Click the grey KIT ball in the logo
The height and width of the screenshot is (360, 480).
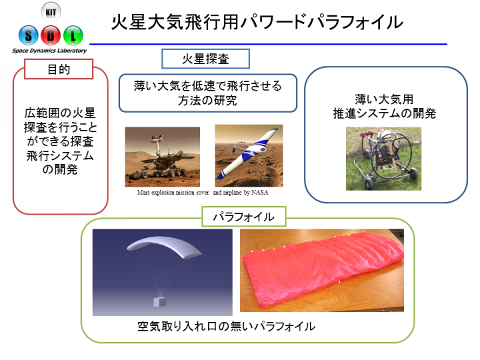[x=51, y=12]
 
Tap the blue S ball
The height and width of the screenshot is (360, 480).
[x=29, y=35]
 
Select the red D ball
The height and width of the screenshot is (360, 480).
[x=51, y=35]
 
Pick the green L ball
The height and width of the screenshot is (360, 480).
[x=73, y=35]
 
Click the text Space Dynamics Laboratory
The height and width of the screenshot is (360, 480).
[x=49, y=51]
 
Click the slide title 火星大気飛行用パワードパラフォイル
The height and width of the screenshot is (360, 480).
[x=257, y=22]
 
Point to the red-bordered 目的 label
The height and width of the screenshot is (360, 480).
[x=59, y=69]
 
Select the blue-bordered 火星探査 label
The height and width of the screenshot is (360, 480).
[x=205, y=59]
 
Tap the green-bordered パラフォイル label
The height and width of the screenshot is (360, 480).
[x=244, y=217]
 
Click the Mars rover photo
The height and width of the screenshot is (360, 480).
[x=162, y=157]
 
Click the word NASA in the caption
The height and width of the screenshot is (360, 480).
[x=259, y=193]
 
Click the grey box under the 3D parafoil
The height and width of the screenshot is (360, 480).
[x=160, y=302]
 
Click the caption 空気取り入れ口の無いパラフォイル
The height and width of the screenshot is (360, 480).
[x=226, y=326]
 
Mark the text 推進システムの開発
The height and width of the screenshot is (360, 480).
[x=385, y=113]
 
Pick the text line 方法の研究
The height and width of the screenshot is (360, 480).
[x=207, y=101]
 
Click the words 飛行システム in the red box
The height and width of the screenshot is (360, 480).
[x=60, y=155]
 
